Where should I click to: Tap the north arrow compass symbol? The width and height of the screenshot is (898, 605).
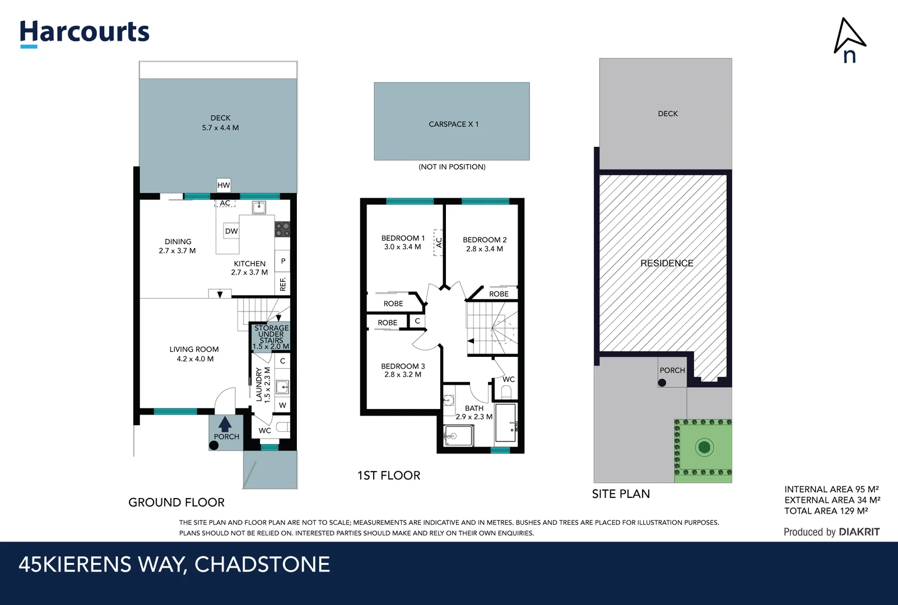[849, 39]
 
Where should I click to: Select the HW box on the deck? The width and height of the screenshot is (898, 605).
[224, 185]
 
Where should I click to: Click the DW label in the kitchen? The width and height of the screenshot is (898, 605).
[231, 231]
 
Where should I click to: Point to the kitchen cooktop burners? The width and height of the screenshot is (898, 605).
[282, 229]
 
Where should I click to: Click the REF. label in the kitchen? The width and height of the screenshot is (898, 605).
[283, 284]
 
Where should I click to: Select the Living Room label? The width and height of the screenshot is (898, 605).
[194, 349]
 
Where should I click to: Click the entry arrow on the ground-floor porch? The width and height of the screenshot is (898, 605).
[225, 424]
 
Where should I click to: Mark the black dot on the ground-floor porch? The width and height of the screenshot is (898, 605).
[213, 445]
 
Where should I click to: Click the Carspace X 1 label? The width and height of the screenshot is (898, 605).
[453, 124]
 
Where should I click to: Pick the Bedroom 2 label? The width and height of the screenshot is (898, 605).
[485, 239]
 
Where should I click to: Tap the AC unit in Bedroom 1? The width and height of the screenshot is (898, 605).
[439, 243]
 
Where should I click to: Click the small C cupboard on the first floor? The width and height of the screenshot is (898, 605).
[417, 321]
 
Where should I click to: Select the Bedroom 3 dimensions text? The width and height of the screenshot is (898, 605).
[403, 375]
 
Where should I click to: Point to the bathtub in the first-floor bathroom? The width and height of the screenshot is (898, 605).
[506, 422]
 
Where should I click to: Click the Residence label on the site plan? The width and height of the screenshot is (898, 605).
[667, 263]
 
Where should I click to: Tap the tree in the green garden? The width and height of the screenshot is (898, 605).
[704, 447]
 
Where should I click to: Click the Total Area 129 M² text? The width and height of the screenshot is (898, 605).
[826, 511]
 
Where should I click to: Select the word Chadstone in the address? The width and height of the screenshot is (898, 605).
[262, 564]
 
